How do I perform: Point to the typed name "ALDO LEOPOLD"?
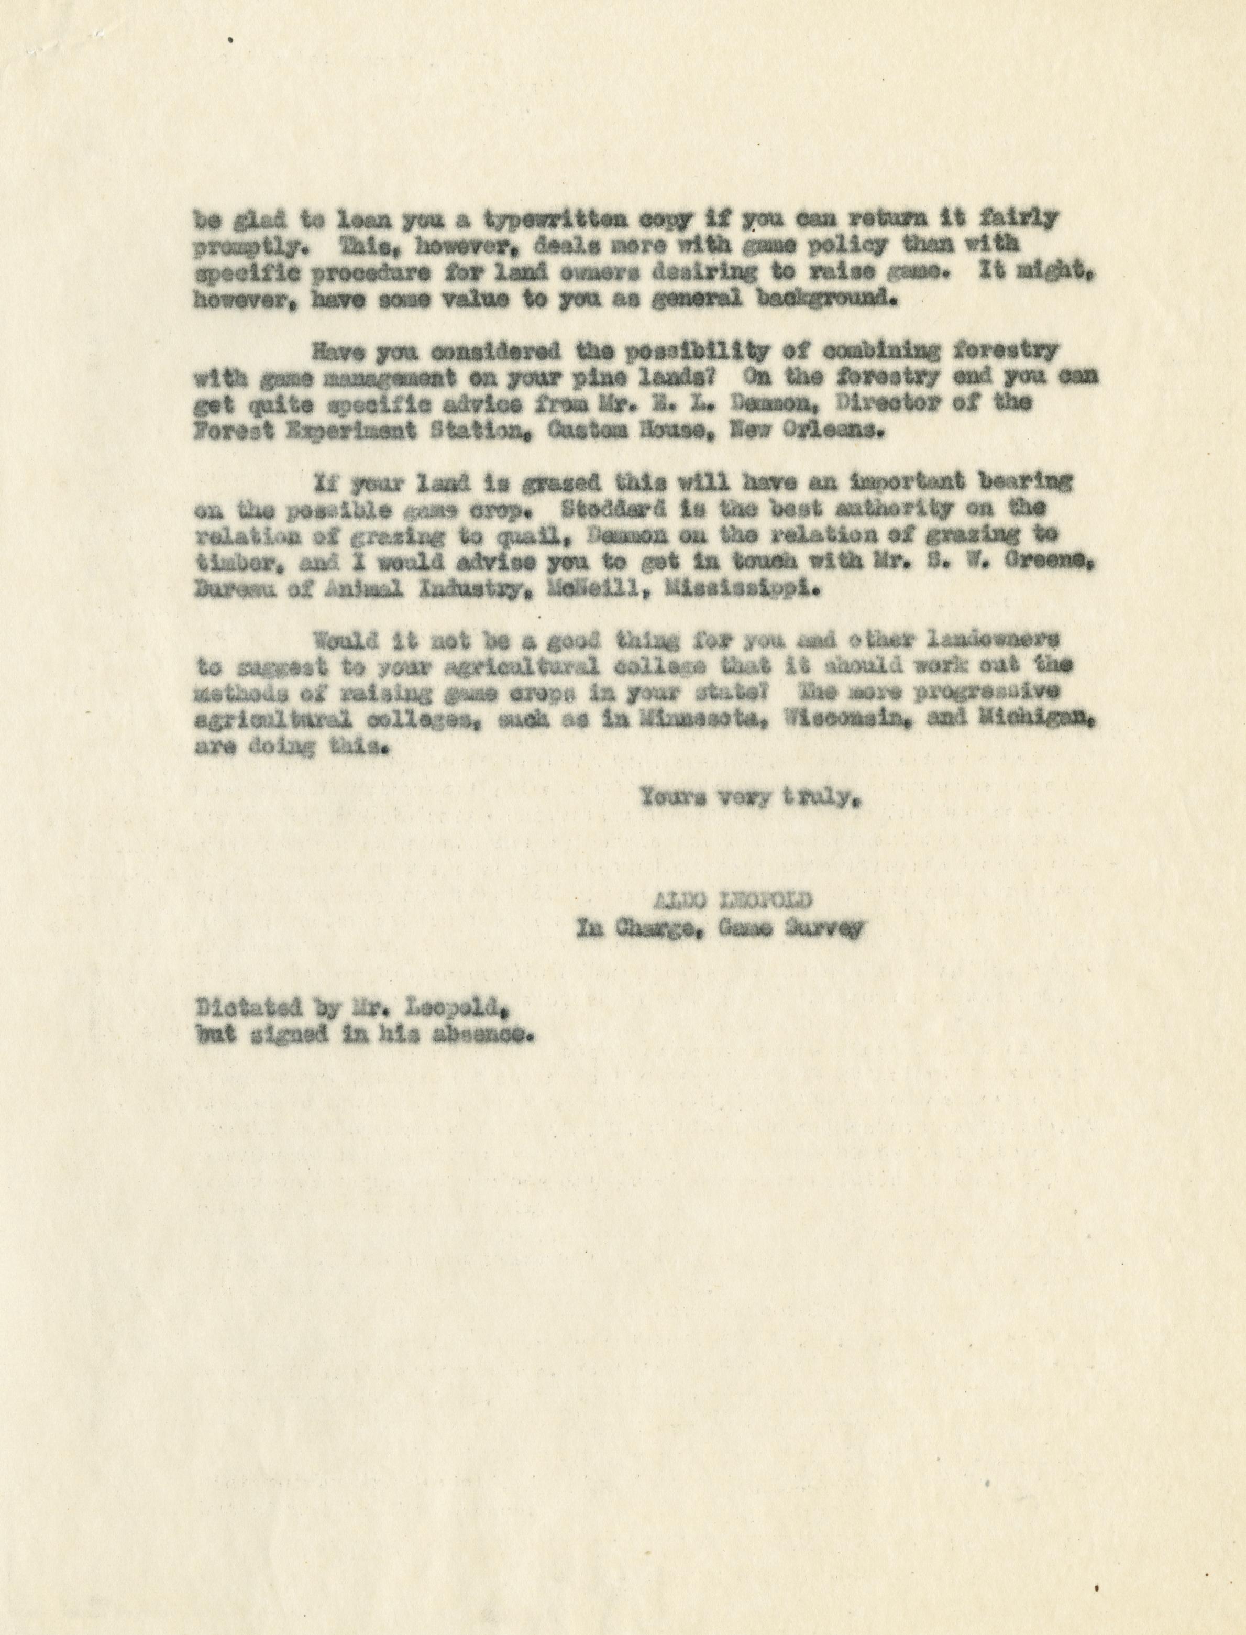point(731,902)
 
